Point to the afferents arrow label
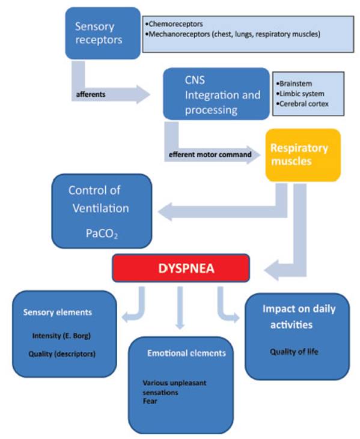pyautogui.click(x=92, y=94)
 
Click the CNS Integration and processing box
pyautogui.click(x=215, y=95)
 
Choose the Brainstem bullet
pyautogui.click(x=295, y=84)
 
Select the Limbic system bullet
pyautogui.click(x=301, y=94)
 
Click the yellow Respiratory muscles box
pyautogui.click(x=302, y=154)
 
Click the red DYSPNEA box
pyautogui.click(x=180, y=267)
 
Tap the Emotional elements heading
pyautogui.click(x=186, y=353)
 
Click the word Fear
pyautogui.click(x=150, y=401)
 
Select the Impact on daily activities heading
pyautogui.click(x=299, y=317)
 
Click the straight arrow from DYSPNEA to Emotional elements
pyautogui.click(x=179, y=306)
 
